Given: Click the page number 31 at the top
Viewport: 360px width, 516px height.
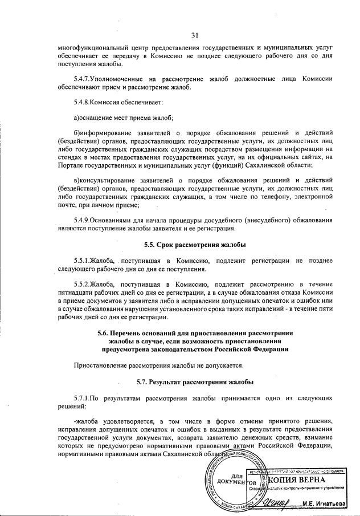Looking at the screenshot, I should pos(195,35).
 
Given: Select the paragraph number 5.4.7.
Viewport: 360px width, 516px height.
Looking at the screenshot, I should pos(84,78).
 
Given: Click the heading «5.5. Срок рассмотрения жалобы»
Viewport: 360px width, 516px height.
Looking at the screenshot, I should pos(195,245).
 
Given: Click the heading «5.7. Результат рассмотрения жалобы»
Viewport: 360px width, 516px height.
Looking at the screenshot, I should pos(195,381).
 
